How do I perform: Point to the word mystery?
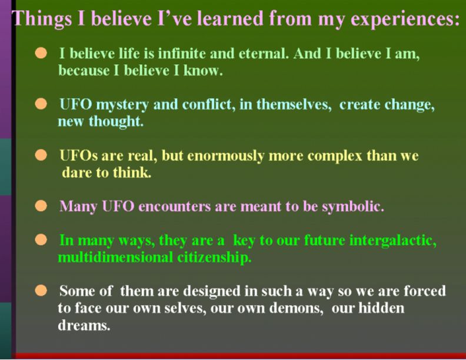click(121, 105)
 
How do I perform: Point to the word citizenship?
click(214, 257)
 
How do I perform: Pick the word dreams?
click(83, 325)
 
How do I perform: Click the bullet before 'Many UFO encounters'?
click(41, 207)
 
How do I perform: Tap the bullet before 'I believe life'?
click(41, 54)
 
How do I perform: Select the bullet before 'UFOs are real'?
click(41, 156)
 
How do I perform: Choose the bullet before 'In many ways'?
click(41, 241)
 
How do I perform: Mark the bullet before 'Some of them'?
click(41, 291)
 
